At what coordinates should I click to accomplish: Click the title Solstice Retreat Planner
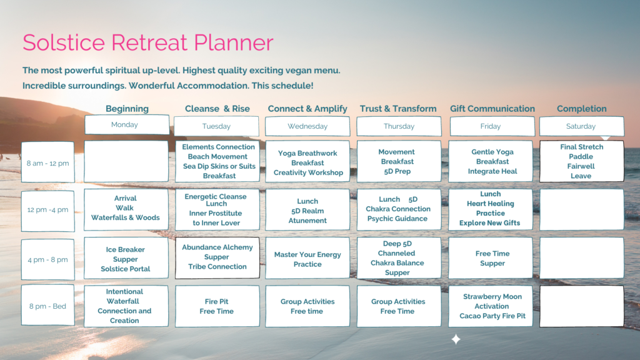147,42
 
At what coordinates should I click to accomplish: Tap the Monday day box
127,124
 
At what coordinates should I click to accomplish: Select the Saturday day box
582,126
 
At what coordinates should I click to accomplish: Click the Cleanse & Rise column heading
217,109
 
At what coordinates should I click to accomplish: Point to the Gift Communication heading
492,109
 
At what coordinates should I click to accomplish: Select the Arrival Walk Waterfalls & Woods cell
126,209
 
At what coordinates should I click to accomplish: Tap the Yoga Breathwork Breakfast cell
307,161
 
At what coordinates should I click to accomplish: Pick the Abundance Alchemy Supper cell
217,257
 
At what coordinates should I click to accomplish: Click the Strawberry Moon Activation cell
491,306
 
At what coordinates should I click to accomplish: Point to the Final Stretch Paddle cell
582,161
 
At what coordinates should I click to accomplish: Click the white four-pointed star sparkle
456,339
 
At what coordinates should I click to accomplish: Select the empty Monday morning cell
126,161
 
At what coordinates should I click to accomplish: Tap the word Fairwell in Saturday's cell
581,166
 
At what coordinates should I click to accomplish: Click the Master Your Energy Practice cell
307,258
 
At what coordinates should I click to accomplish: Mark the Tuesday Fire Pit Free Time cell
217,306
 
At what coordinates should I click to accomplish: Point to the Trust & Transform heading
398,109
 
